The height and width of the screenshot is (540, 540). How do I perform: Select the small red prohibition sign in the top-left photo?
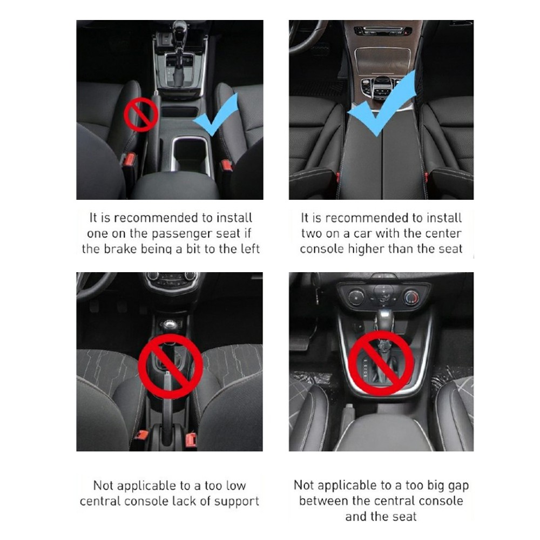pyautogui.click(x=141, y=114)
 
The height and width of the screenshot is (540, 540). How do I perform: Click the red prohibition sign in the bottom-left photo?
pyautogui.click(x=171, y=366)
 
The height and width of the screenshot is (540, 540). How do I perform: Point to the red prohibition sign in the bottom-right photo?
pyautogui.click(x=381, y=363)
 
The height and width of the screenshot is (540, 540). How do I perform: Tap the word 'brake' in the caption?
pyautogui.click(x=120, y=249)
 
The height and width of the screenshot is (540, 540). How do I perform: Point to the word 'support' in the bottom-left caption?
pyautogui.click(x=237, y=502)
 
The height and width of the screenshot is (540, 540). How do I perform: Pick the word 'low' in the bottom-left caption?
pyautogui.click(x=236, y=485)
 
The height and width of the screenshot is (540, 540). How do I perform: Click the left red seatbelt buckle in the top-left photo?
pyautogui.click(x=130, y=159)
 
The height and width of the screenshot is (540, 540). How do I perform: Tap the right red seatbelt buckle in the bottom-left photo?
pyautogui.click(x=191, y=440)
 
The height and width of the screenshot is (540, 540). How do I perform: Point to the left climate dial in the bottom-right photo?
pyautogui.click(x=356, y=296)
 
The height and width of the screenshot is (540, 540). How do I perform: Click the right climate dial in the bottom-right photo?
pyautogui.click(x=411, y=297)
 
